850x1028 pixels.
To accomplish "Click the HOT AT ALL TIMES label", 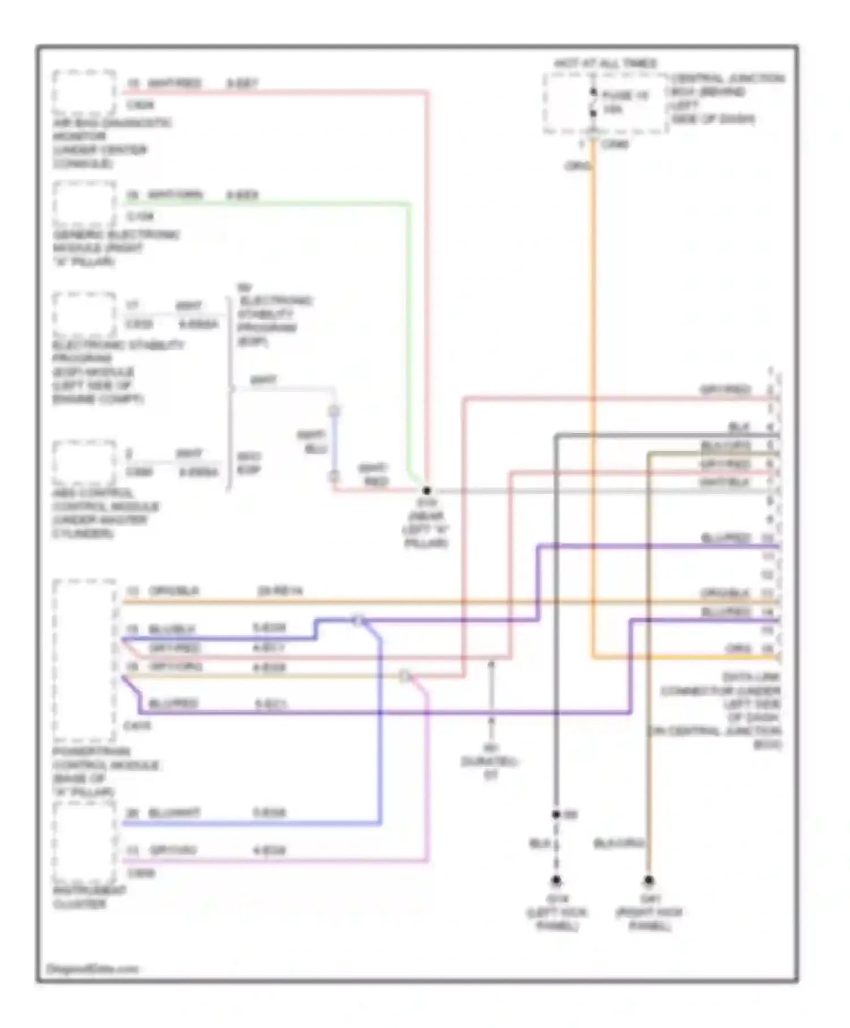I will click(x=605, y=63).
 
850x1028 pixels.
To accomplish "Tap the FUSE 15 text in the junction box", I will click(x=624, y=96).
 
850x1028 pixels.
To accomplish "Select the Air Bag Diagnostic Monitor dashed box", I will click(x=84, y=92).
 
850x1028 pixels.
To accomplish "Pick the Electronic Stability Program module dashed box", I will click(x=84, y=315).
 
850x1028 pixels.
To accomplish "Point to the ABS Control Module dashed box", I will click(x=84, y=464).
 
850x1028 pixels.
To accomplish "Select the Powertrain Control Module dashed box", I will click(x=84, y=660).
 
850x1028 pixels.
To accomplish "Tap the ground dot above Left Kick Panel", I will click(x=556, y=881).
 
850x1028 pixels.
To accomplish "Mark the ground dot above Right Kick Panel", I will click(x=648, y=881).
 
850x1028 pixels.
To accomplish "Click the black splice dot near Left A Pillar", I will click(x=427, y=491).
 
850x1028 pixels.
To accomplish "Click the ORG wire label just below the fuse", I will click(x=577, y=166).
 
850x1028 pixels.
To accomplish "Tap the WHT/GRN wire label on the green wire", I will click(x=174, y=195).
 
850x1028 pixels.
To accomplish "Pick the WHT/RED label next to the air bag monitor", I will click(x=174, y=83).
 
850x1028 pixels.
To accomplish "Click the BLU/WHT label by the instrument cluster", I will click(x=174, y=813).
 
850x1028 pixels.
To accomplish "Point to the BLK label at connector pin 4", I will click(x=738, y=426).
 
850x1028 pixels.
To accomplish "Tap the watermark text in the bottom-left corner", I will click(x=92, y=969).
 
